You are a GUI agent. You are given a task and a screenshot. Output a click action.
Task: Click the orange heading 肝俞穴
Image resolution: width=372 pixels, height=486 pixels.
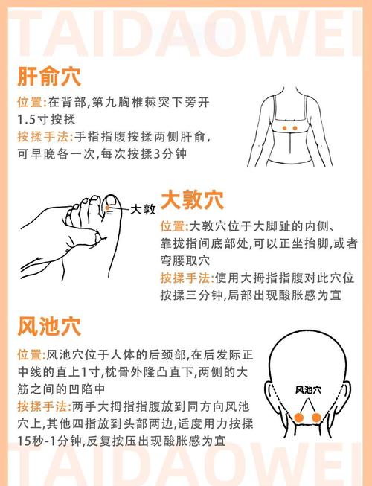49,77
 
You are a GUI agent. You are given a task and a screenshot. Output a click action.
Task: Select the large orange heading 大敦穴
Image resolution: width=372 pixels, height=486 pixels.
192,200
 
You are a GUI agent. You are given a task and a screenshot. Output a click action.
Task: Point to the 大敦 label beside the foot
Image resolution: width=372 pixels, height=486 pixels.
142,211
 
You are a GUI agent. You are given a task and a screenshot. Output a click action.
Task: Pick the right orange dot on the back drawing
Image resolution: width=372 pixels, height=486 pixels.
295,129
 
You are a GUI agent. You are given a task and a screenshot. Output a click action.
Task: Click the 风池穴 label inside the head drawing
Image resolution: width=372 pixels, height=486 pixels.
308,389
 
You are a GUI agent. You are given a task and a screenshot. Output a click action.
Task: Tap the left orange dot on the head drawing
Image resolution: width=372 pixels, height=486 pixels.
299,418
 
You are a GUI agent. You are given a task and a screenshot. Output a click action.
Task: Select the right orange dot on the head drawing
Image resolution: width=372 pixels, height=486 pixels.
315,418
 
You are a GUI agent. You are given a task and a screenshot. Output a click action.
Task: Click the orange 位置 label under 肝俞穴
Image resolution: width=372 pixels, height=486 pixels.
31,101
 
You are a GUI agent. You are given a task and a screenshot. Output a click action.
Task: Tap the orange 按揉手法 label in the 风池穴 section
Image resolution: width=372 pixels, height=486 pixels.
44,406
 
